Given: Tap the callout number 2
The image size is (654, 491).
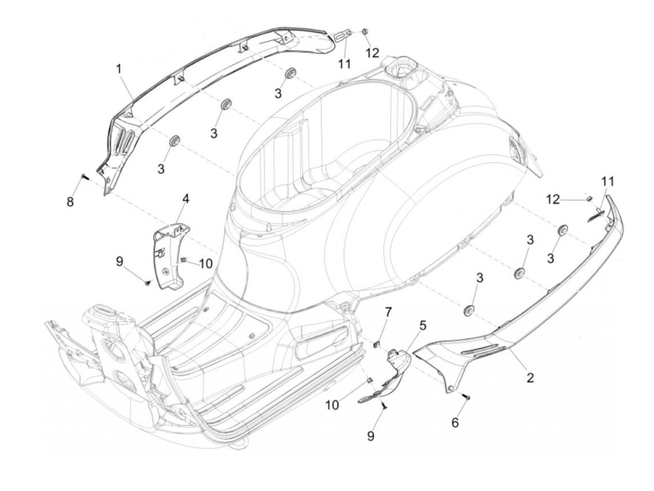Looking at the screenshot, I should click(530, 377).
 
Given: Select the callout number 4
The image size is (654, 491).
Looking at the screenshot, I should click(185, 199).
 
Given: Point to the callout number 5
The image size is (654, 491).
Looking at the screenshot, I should click(422, 325).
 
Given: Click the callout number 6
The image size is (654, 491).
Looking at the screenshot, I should click(455, 422).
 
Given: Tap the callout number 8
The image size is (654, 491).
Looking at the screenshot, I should click(70, 202).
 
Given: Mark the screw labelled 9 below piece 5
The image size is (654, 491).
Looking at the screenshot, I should click(384, 407).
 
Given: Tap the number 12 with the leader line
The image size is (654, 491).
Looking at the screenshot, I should click(553, 199).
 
